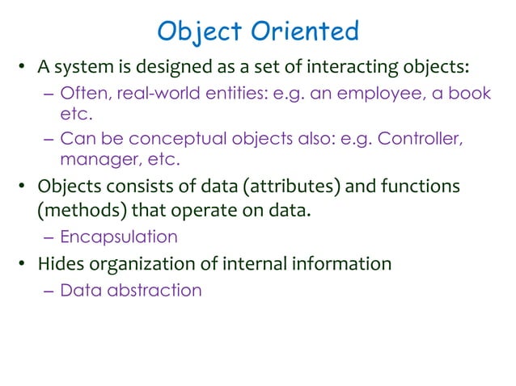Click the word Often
point(85,94)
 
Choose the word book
point(470,94)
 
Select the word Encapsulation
point(118,237)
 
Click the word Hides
point(60,264)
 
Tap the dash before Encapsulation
point(49,237)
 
